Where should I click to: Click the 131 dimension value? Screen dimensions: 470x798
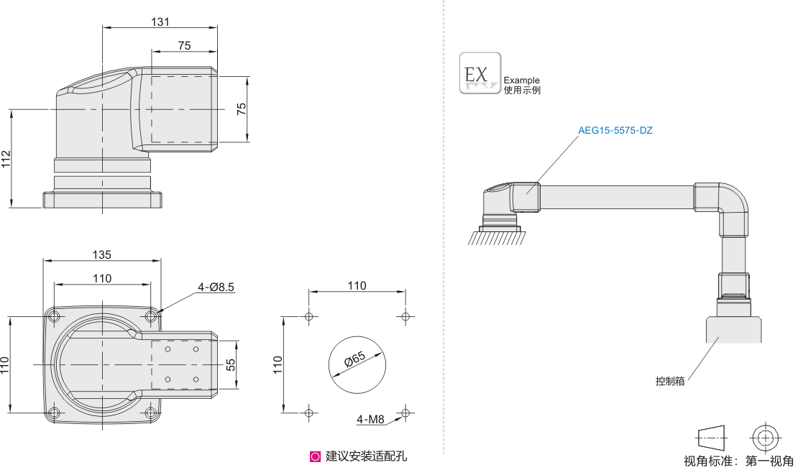(160, 22)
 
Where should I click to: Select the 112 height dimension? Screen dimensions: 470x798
(6, 159)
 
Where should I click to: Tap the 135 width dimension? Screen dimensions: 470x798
(101, 254)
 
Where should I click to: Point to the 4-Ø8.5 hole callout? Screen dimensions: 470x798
(216, 287)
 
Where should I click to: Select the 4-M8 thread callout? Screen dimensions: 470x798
(370, 419)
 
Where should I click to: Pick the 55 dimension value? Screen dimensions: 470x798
(231, 364)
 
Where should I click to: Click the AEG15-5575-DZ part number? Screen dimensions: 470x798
(615, 131)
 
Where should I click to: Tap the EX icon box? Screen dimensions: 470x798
(480, 73)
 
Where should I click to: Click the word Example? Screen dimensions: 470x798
(521, 80)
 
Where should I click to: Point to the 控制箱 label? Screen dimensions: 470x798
(669, 381)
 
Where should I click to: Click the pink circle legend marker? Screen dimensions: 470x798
(315, 456)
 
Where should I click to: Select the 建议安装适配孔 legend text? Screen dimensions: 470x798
(366, 456)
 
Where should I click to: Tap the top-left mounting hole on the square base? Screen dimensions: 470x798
(55, 316)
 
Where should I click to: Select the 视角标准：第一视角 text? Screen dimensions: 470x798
(738, 461)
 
